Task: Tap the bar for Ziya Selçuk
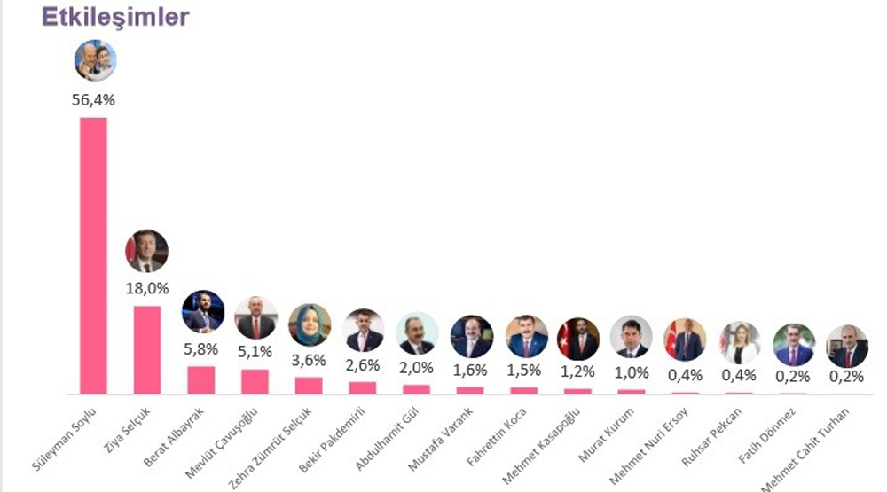tap(147, 349)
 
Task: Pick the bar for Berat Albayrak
tap(201, 379)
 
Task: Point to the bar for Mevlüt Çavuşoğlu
tap(255, 381)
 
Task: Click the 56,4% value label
tap(93, 100)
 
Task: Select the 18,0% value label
tap(147, 288)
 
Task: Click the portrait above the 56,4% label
tap(94, 60)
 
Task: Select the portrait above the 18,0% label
tap(146, 251)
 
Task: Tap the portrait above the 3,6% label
tap(310, 325)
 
